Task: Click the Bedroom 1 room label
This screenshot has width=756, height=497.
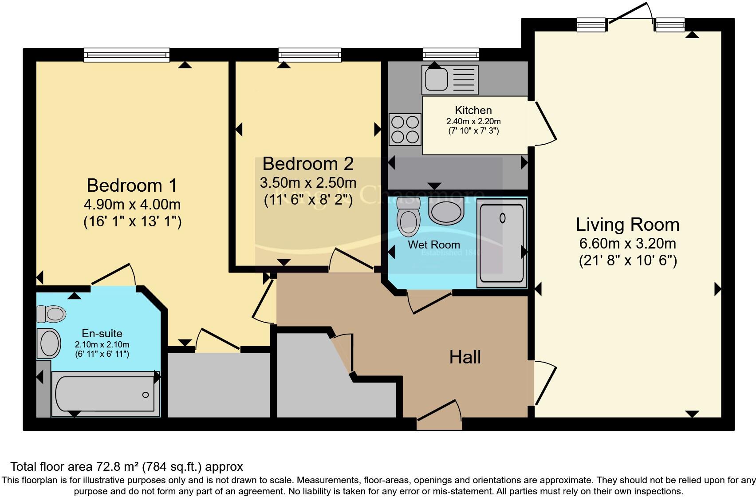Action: click(x=132, y=185)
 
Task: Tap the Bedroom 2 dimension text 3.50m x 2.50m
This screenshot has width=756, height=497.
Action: click(x=308, y=182)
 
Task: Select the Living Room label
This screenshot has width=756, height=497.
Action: click(x=627, y=225)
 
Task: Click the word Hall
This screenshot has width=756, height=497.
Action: click(x=465, y=357)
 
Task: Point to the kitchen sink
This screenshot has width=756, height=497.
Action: click(x=450, y=79)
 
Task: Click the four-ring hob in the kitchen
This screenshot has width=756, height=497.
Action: click(x=405, y=130)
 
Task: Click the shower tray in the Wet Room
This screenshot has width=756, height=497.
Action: click(x=502, y=243)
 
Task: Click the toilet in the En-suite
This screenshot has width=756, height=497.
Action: click(x=52, y=314)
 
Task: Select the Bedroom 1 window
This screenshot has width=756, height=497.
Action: click(x=127, y=55)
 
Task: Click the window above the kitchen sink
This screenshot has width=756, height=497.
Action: click(x=451, y=55)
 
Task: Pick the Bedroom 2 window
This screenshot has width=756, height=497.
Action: click(x=310, y=55)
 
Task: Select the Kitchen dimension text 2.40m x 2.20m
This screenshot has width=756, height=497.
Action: click(x=473, y=121)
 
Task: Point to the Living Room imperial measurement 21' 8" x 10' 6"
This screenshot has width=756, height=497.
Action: click(x=628, y=260)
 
